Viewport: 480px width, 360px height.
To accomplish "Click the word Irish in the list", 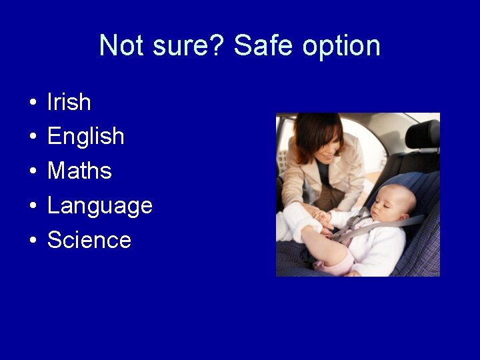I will (x=69, y=102).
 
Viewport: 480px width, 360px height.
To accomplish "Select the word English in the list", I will (x=85, y=137).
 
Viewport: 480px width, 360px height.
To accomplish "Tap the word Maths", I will (x=79, y=171).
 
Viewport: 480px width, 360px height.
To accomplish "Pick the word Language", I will (x=100, y=206).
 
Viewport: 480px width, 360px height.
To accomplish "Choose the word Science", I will (x=89, y=240).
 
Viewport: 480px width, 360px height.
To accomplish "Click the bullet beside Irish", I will (x=32, y=103).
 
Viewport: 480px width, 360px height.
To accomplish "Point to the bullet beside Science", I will (x=32, y=241).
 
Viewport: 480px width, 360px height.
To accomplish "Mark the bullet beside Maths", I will (x=32, y=173).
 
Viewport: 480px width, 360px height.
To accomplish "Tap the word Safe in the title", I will (x=263, y=46).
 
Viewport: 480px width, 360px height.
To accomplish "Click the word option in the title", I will (x=341, y=46).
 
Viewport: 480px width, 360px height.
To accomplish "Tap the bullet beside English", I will (x=32, y=138).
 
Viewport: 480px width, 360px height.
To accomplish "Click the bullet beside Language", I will (x=32, y=207).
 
